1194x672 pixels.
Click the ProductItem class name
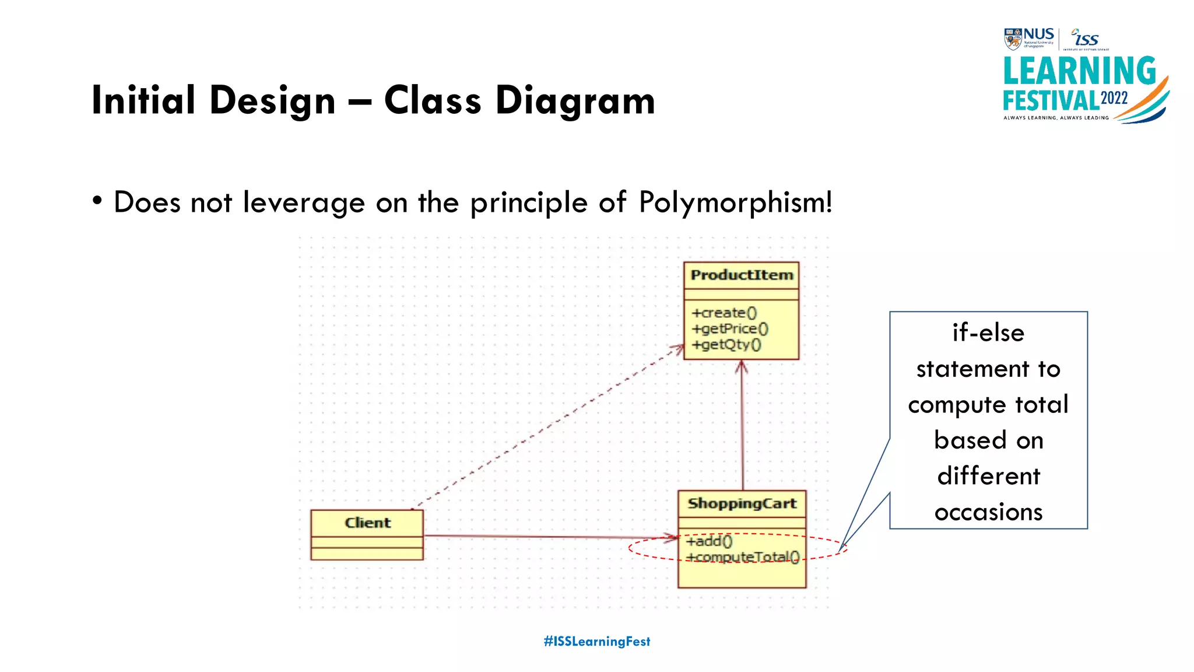(x=742, y=275)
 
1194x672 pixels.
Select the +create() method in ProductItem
(x=724, y=313)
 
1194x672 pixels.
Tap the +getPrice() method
(x=730, y=329)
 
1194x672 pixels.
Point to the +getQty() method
(x=726, y=345)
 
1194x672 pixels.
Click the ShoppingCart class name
(x=742, y=503)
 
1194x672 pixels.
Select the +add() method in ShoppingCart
(x=709, y=541)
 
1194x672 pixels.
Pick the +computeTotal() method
(x=743, y=557)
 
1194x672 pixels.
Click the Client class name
(x=367, y=523)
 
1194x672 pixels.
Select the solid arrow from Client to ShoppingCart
(x=548, y=537)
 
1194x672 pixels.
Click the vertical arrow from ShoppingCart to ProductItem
(x=742, y=426)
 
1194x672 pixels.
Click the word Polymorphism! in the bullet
(x=735, y=202)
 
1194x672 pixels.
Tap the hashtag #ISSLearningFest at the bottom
(x=596, y=642)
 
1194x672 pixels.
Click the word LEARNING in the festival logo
(x=1079, y=71)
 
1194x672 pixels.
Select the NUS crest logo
(x=1013, y=39)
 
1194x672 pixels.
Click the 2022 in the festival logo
(x=1114, y=98)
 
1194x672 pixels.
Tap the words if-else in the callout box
(x=988, y=333)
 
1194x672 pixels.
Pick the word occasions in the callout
(x=988, y=512)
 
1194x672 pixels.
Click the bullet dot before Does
(x=97, y=201)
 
